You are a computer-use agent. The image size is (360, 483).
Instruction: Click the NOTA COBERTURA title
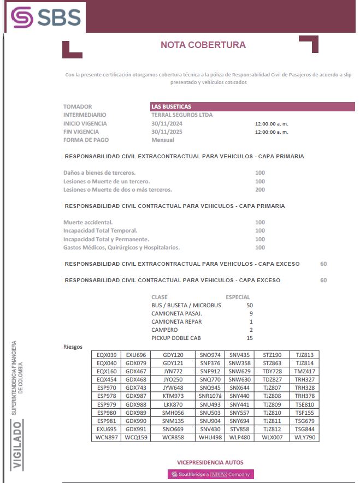click(x=203, y=45)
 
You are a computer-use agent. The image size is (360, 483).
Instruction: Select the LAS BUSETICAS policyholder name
click(x=172, y=106)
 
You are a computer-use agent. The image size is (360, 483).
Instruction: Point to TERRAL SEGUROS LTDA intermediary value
click(x=182, y=115)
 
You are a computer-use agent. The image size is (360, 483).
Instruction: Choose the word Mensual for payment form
click(x=163, y=140)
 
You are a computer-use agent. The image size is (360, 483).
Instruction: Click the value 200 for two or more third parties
click(x=260, y=190)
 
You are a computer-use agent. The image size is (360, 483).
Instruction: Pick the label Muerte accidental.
click(x=88, y=222)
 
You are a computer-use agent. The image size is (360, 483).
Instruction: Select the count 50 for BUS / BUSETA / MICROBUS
click(x=250, y=305)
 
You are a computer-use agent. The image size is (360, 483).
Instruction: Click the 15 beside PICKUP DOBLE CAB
click(x=250, y=338)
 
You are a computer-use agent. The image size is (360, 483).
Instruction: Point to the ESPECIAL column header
click(x=238, y=297)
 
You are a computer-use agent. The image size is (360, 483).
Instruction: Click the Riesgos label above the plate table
click(x=73, y=347)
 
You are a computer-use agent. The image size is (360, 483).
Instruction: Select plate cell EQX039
click(x=107, y=355)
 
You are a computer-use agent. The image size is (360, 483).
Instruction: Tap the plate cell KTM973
click(x=173, y=396)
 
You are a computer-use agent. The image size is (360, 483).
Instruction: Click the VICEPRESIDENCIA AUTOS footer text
click(x=210, y=462)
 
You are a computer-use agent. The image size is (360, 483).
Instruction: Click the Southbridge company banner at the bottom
click(x=211, y=474)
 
